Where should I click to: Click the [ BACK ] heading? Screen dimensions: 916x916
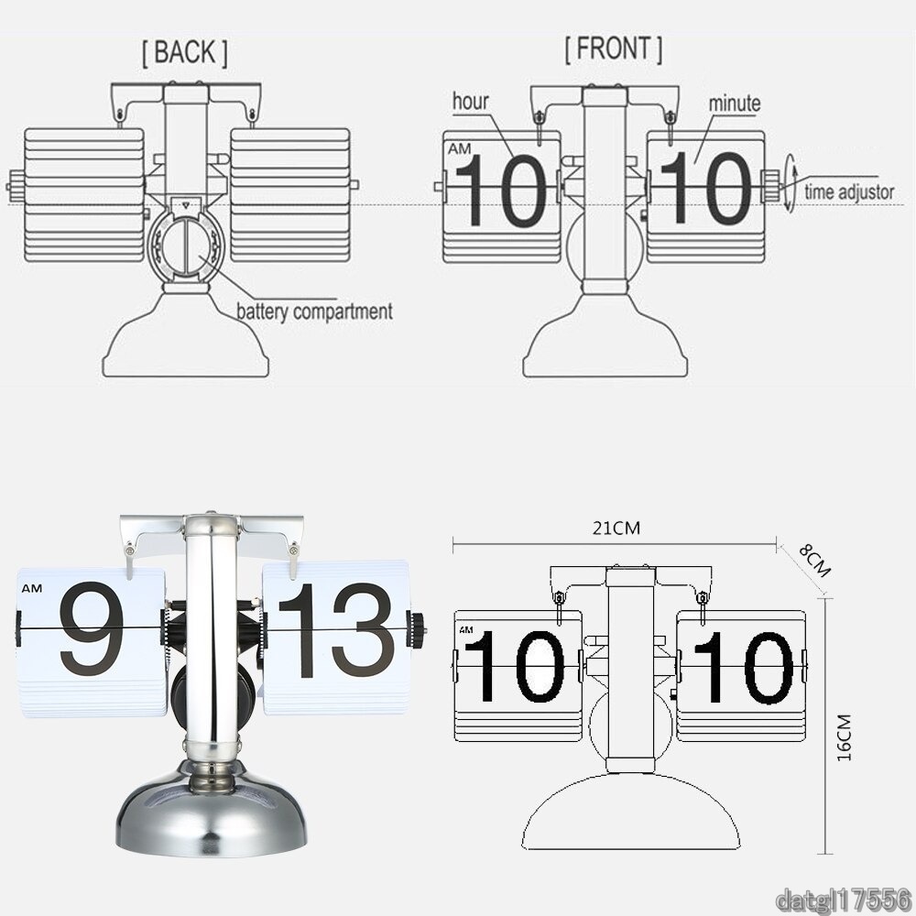[185, 52]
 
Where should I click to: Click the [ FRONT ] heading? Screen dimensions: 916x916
[614, 49]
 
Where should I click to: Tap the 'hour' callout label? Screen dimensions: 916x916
[470, 102]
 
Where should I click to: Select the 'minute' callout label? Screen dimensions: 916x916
[735, 104]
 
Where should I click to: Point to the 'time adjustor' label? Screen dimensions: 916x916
[849, 192]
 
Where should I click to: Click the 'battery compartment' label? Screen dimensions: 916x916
[314, 312]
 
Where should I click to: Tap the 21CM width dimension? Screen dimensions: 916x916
[616, 529]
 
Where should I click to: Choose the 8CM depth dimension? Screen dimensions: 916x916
[814, 560]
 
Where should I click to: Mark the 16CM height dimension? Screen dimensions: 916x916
[845, 737]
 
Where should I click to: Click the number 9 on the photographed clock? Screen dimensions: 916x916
[92, 628]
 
